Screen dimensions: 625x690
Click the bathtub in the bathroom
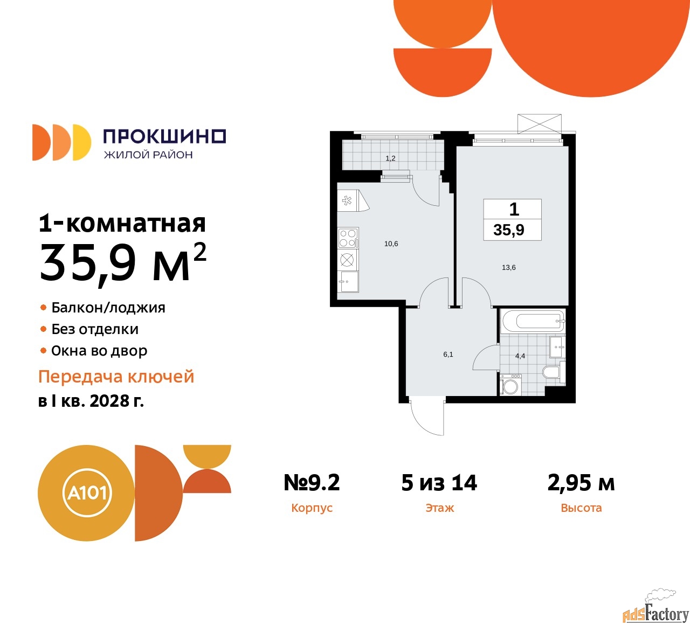coord(533,322)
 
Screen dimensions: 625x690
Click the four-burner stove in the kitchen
coord(348,238)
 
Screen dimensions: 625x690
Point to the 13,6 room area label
coord(508,267)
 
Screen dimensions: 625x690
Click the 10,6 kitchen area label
coord(391,244)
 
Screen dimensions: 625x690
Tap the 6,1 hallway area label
coord(448,355)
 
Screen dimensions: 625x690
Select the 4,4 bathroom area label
coord(520,356)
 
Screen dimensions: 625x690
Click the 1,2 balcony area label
coord(390,158)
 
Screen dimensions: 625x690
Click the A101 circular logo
coord(86,492)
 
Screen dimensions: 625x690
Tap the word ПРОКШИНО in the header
coord(164,136)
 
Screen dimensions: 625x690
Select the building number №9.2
coord(312,483)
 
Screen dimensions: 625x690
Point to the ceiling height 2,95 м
coord(581,483)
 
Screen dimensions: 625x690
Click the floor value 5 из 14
coord(439,483)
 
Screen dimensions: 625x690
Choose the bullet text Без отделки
coord(95,329)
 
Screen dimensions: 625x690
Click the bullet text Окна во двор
coord(99,351)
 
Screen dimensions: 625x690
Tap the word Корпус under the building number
coord(312,508)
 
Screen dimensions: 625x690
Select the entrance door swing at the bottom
coord(427,417)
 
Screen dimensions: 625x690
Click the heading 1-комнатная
coord(122,223)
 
